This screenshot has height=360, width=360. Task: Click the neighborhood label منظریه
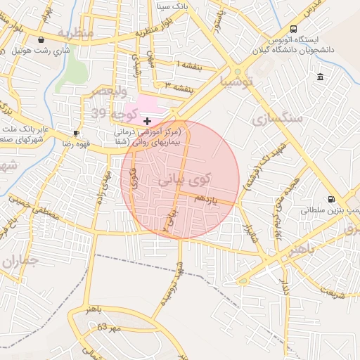75,33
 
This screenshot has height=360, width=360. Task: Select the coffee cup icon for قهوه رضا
77,133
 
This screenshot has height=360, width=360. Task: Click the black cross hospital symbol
146,122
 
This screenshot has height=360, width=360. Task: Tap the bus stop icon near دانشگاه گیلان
265,41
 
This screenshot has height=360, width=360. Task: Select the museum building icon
321,77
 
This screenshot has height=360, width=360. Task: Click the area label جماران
22,262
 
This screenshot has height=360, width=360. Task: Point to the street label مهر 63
109,327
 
